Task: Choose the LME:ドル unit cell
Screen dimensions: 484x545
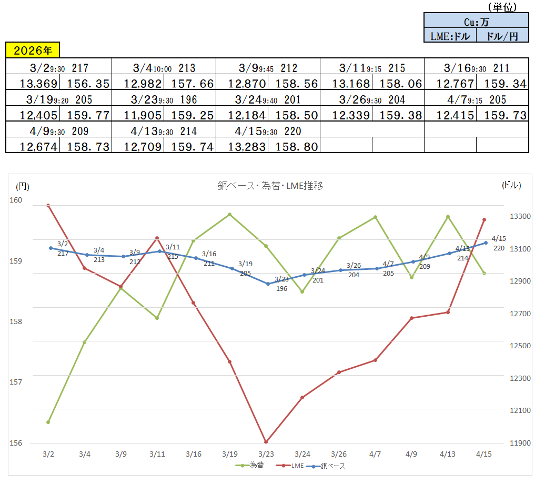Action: pyautogui.click(x=450, y=35)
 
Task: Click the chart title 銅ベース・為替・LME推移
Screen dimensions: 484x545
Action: pyautogui.click(x=270, y=185)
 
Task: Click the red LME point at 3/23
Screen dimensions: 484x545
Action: pyautogui.click(x=266, y=442)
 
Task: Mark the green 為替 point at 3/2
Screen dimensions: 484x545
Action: pyautogui.click(x=48, y=422)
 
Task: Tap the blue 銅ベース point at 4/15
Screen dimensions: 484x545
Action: pyautogui.click(x=485, y=243)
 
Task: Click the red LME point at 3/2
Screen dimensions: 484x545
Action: pyautogui.click(x=48, y=205)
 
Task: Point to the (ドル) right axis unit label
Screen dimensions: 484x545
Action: pyautogui.click(x=511, y=185)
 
